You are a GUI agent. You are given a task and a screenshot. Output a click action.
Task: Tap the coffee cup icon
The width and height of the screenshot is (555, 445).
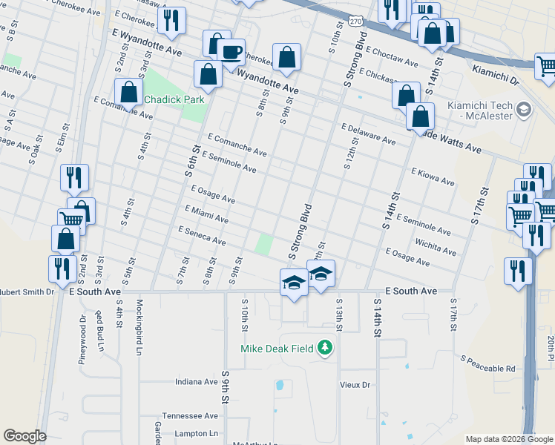click(231, 51)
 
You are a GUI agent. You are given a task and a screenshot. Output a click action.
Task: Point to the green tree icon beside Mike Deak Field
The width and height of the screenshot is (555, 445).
click(324, 347)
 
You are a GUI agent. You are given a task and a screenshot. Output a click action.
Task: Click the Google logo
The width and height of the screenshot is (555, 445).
click(24, 436)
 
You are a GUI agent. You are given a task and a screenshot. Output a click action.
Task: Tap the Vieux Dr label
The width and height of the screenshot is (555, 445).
click(354, 385)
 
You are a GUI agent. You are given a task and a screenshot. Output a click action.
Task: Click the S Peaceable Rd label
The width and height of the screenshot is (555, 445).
click(487, 363)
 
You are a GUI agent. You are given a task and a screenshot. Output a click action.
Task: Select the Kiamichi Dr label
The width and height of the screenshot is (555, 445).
click(494, 72)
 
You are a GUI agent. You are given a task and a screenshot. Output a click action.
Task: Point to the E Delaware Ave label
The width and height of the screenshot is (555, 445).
click(369, 133)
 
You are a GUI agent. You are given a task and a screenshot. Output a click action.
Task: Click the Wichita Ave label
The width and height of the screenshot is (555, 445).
click(436, 247)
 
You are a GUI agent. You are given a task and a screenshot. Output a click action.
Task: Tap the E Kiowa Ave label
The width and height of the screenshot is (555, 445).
click(433, 176)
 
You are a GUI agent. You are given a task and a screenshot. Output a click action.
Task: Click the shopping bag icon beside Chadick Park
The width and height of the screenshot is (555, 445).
click(129, 93)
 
